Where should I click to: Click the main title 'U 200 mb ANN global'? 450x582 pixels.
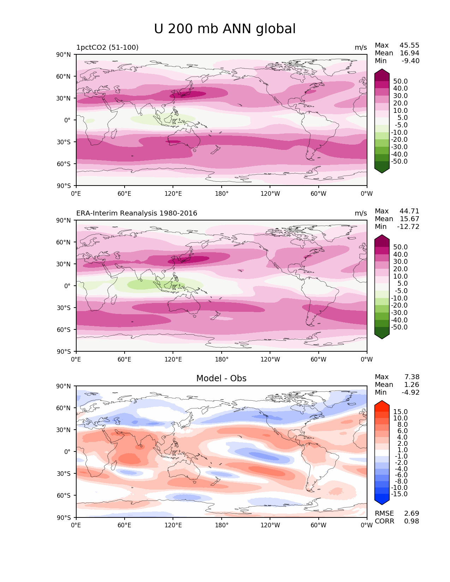tap(225, 29)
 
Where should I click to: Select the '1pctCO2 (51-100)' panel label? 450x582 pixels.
tap(107, 48)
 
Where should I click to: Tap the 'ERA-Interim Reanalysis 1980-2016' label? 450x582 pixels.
tap(137, 213)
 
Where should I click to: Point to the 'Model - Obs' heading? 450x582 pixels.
tap(221, 378)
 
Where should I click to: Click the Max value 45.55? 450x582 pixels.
tap(409, 46)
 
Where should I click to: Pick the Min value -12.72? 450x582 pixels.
tap(408, 227)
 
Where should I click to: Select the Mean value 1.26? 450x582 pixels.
tap(412, 385)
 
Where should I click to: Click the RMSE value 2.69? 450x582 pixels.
tap(412, 514)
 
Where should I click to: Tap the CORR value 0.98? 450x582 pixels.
tap(412, 521)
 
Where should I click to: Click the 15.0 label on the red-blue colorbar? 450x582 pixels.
tap(400, 412)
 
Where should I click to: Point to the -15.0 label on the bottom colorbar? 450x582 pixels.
tap(399, 494)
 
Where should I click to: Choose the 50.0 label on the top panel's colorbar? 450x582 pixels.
tap(400, 81)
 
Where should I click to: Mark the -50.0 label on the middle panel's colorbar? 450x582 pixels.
tap(399, 327)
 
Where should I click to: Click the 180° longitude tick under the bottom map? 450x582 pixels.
tap(222, 526)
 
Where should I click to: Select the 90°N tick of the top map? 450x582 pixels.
tap(64, 55)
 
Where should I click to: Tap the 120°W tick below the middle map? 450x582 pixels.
tap(270, 360)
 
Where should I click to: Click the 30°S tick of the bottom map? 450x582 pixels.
tap(64, 474)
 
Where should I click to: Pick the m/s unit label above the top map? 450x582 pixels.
tap(361, 48)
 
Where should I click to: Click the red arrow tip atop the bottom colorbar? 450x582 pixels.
tap(382, 403)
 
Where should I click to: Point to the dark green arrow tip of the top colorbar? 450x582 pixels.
tap(382, 171)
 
